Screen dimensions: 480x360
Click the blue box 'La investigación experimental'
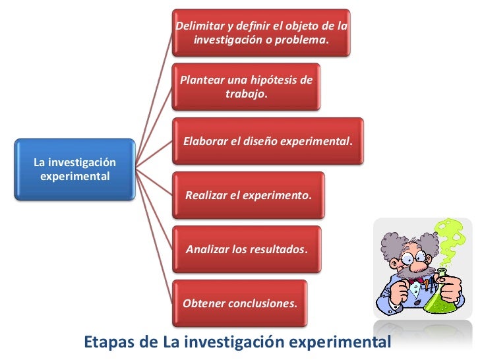(75, 169)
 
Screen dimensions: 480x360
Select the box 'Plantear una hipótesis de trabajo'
(246, 87)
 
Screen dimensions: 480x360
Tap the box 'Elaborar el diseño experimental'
(268, 141)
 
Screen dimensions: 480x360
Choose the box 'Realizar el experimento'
(248, 195)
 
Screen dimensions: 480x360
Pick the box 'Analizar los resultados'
(247, 250)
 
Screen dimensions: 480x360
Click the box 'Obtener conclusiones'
(240, 303)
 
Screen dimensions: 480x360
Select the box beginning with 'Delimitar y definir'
(261, 32)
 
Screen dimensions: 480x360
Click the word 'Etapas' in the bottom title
(107, 342)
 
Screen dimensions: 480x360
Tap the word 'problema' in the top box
(304, 40)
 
